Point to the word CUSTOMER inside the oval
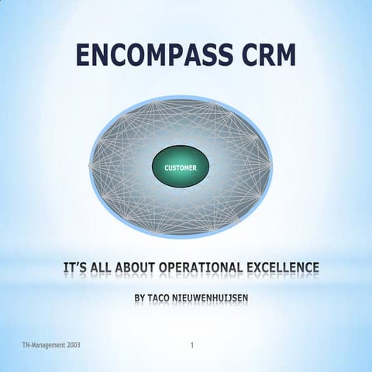181,168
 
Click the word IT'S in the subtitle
77,268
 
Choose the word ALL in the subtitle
109,268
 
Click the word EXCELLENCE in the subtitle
283,268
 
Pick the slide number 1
191,343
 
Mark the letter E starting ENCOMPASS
85,56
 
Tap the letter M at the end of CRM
282,56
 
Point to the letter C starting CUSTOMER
167,168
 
